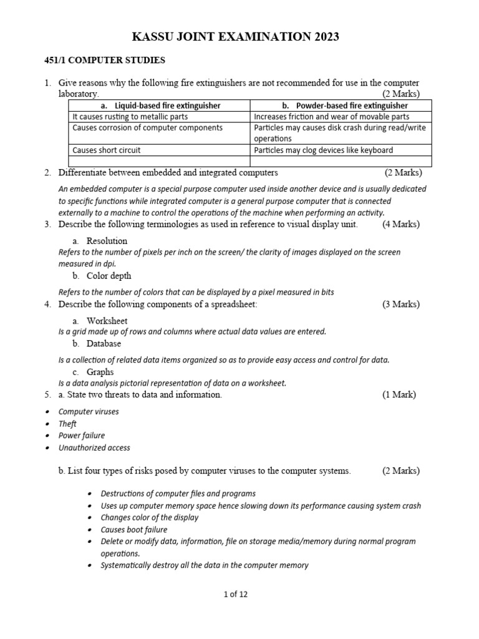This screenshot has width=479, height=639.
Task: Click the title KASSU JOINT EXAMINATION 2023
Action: tap(236, 37)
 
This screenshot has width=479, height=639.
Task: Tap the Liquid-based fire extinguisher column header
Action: tap(160, 105)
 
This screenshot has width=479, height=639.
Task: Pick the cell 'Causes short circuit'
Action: tap(107, 150)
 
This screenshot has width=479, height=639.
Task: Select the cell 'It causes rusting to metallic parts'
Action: tap(130, 117)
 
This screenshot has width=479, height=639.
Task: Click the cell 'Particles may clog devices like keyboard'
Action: tap(324, 150)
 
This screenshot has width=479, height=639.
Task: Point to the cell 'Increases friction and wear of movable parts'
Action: tap(332, 117)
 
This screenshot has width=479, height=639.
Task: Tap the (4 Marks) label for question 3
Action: tap(401, 225)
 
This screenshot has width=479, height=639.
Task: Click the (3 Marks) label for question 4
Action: tap(401, 305)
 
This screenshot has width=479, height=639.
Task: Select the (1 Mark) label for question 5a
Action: tap(399, 395)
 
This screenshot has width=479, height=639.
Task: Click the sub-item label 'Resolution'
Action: tap(107, 241)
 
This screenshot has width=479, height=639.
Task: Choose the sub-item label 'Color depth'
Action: tap(109, 276)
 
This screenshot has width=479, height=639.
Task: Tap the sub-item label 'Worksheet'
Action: tap(107, 321)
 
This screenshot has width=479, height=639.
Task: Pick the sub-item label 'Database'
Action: tap(104, 344)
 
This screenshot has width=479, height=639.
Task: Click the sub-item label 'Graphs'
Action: tap(100, 372)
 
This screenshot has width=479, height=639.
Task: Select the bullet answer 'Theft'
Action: tap(67, 424)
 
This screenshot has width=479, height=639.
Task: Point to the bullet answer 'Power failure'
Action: tap(81, 436)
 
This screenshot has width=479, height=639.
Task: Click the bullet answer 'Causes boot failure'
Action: tap(134, 530)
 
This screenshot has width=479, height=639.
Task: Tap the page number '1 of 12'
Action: tap(236, 595)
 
